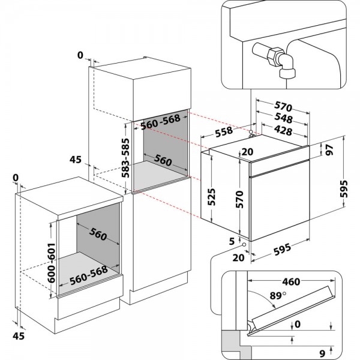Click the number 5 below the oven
(x=232, y=241)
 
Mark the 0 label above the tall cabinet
(x=80, y=56)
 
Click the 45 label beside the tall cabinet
(x=75, y=160)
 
